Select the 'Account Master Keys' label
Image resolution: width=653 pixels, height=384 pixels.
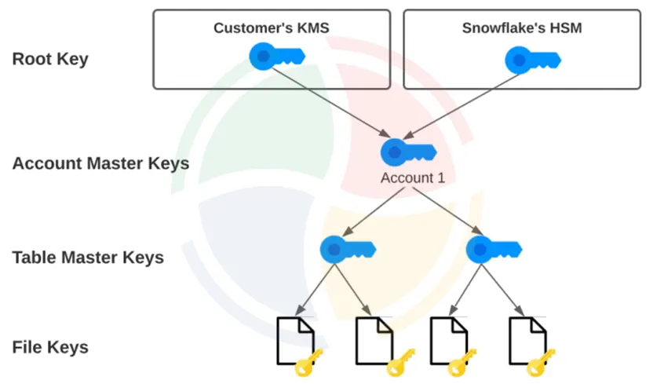(100, 163)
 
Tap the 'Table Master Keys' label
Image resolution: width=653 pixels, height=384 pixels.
(88, 257)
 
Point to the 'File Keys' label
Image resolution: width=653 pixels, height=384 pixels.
(50, 347)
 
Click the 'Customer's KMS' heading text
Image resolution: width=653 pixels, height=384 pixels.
(271, 28)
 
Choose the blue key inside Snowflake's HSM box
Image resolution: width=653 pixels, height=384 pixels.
(531, 59)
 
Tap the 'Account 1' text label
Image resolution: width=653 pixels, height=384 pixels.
(412, 177)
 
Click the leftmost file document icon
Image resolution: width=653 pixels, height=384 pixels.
(294, 340)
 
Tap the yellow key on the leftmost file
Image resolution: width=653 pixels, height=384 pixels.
(308, 364)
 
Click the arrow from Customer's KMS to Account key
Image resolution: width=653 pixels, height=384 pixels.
(330, 102)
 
